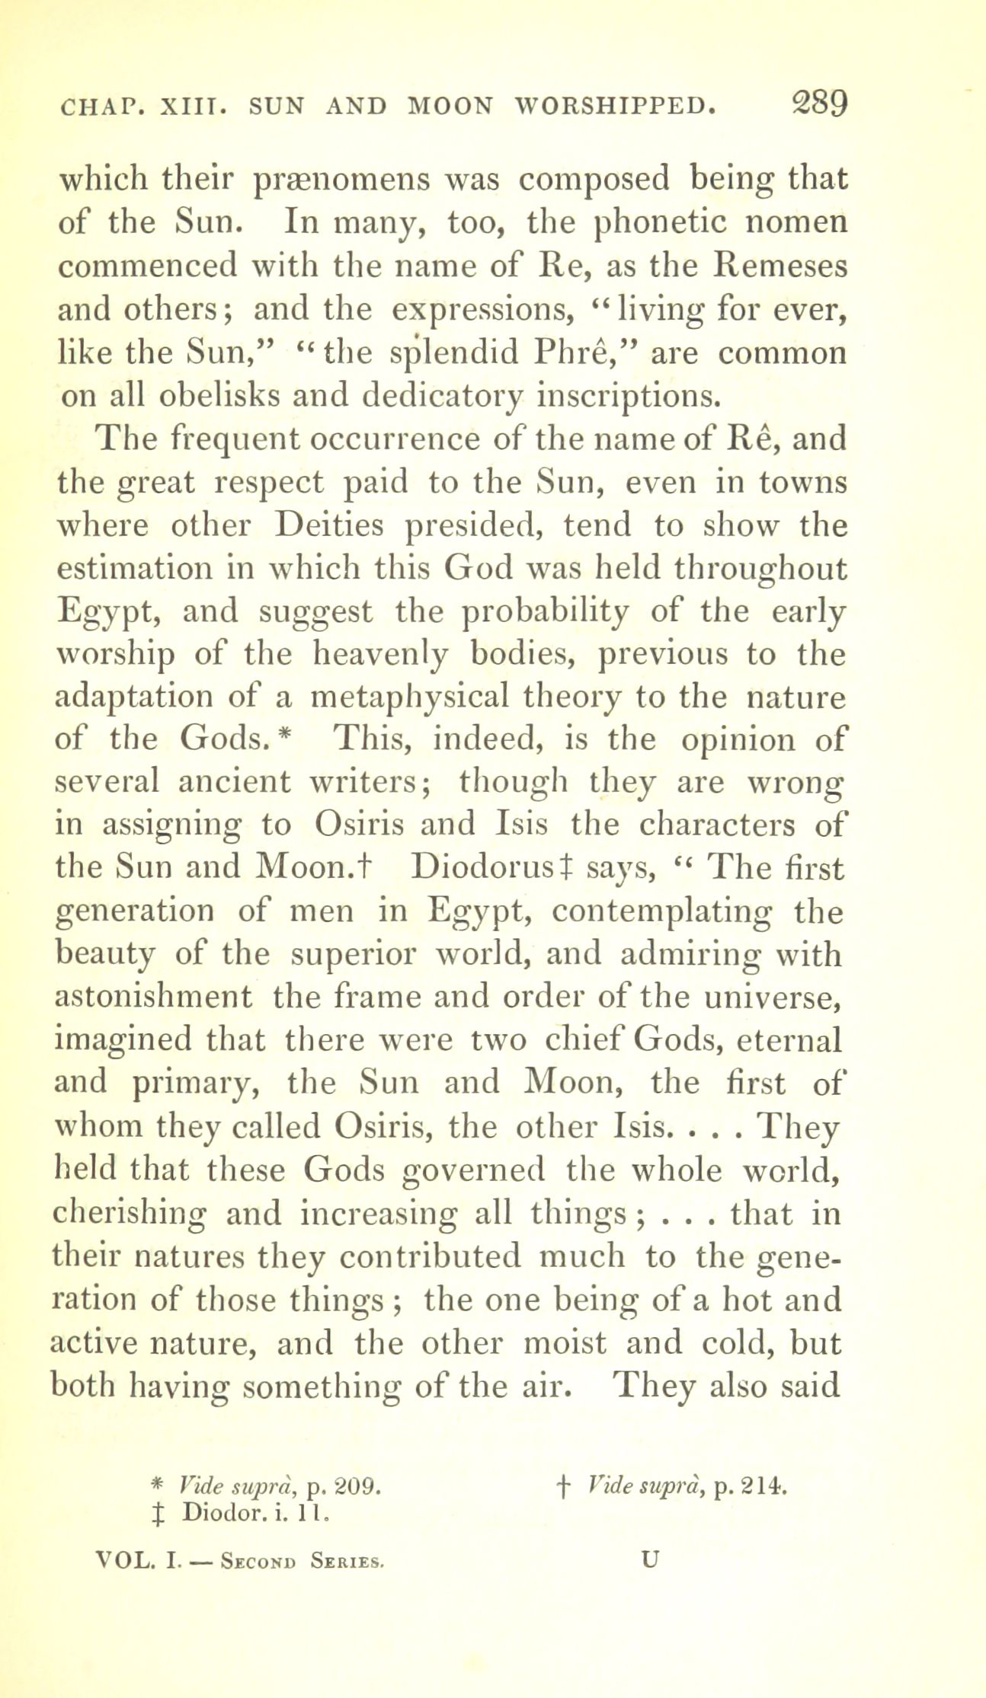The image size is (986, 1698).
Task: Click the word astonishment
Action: click(154, 996)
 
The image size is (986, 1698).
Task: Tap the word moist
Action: click(565, 1342)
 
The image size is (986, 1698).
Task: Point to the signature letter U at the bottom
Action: click(649, 1559)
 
